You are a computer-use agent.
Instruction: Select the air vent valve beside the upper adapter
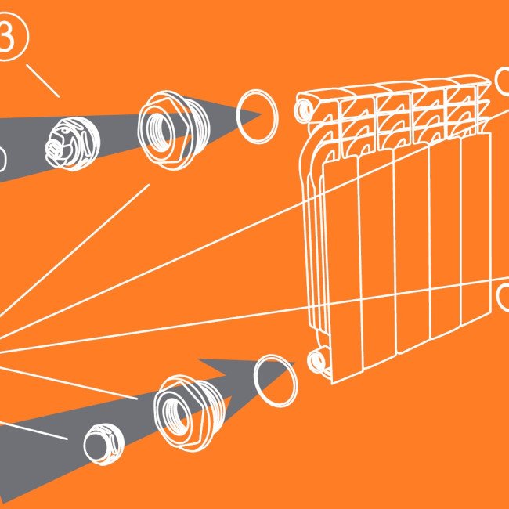pos(73,143)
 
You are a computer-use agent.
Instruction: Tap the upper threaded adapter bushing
pos(174,130)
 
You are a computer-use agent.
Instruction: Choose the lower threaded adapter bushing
pos(190,413)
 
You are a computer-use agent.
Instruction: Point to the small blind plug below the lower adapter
pos(104,444)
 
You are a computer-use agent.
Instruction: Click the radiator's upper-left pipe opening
pos(304,110)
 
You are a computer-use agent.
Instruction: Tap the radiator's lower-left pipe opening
pos(316,361)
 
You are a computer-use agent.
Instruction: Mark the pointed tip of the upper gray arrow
pos(262,114)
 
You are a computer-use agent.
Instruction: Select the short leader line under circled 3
pos(43,81)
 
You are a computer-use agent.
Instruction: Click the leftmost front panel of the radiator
pos(343,269)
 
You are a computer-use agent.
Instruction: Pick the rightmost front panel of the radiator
pos(476,227)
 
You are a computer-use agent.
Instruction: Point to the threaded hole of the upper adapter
pos(161,132)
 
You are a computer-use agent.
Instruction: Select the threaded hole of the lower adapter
pos(175,415)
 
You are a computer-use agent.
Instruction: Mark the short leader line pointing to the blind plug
pos(33,431)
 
